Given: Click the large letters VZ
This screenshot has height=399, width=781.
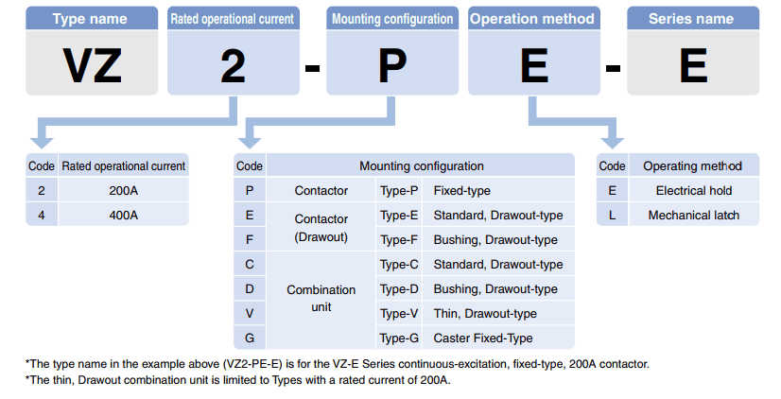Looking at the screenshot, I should (93, 63).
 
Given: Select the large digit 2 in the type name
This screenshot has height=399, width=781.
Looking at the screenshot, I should (233, 63).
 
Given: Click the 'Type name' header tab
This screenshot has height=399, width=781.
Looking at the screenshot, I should (93, 18).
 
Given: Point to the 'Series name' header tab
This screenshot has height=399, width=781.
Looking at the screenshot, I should (693, 18).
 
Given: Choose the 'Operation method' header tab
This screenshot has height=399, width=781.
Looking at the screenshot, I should (532, 18).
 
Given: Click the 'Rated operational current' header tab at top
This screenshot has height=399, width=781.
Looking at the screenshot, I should (232, 18).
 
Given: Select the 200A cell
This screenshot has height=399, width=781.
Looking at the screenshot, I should (123, 190).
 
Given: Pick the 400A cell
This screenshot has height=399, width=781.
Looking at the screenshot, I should (123, 215).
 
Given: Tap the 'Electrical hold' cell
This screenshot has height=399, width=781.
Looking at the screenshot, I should (693, 190).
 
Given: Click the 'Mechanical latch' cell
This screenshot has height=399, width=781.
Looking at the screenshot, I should (693, 215).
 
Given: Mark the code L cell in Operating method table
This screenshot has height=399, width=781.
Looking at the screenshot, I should (612, 215).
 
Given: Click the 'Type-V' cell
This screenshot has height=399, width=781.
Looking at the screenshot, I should (399, 313).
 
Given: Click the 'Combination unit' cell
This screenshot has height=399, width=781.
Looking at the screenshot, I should (321, 298).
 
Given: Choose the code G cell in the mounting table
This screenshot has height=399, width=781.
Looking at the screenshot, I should (249, 338).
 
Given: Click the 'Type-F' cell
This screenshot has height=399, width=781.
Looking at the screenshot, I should (399, 239).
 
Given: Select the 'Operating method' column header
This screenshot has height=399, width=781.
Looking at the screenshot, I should (693, 165).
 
